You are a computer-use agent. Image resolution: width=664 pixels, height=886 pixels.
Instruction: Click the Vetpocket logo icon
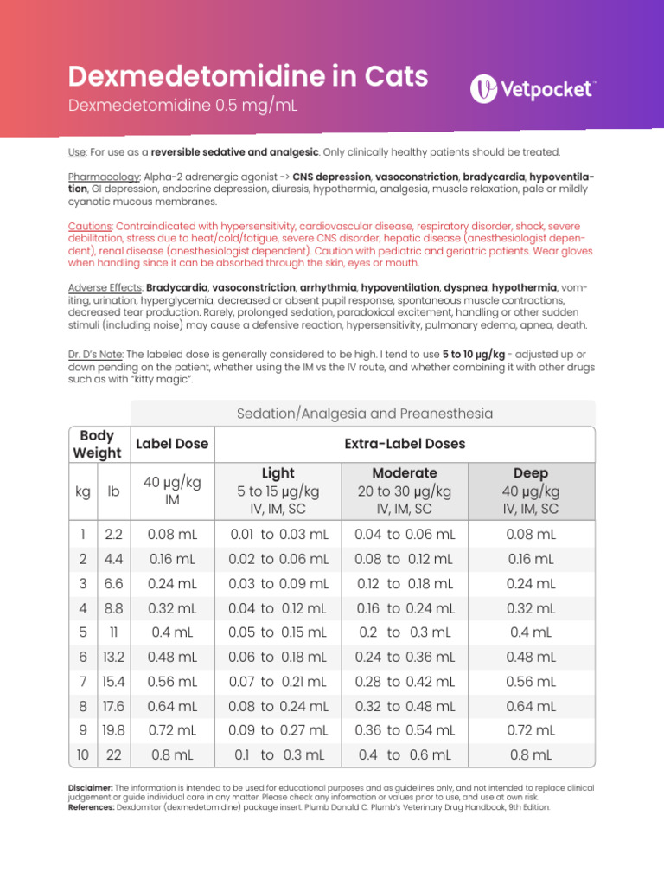click(486, 88)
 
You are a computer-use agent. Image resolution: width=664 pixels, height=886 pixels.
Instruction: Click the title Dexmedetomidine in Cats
click(248, 77)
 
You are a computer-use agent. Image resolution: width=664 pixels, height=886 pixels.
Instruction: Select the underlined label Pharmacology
click(104, 177)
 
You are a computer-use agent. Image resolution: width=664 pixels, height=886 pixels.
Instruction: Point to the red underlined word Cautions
click(90, 226)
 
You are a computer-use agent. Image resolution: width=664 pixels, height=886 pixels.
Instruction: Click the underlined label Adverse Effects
click(105, 287)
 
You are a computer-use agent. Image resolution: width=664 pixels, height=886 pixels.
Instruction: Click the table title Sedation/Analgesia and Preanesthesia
click(365, 414)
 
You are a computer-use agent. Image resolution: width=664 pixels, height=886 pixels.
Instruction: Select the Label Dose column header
click(172, 444)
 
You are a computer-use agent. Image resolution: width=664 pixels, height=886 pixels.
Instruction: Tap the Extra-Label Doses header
click(405, 444)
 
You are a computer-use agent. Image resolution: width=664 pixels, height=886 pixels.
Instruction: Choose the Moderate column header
click(405, 473)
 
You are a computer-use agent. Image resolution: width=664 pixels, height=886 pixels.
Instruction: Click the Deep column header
click(531, 473)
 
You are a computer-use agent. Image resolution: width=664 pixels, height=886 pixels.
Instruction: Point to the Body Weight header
click(97, 444)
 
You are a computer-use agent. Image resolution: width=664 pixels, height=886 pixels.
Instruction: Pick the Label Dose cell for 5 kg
click(172, 632)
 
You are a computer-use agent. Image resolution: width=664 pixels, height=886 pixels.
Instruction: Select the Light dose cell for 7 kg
click(278, 681)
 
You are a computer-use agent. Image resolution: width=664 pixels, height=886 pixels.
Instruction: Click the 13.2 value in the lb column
click(113, 657)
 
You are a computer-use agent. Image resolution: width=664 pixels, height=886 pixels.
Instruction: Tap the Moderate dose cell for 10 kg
click(405, 754)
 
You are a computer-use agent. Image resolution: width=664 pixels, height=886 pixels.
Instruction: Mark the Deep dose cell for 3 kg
click(531, 583)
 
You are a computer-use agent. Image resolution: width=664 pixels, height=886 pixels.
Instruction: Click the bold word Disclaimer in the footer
click(90, 788)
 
